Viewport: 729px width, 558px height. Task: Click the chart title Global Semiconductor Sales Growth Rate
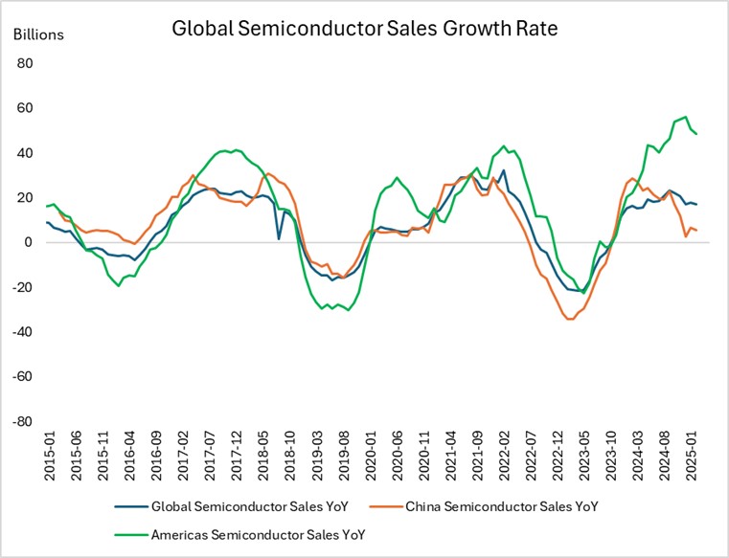pyautogui.click(x=364, y=28)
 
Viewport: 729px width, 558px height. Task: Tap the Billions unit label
pyautogui.click(x=38, y=34)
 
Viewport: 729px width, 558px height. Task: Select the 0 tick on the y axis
pyautogui.click(x=29, y=242)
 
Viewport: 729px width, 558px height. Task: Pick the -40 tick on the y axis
pyautogui.click(x=22, y=332)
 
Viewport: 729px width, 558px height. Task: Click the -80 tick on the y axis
pyautogui.click(x=22, y=421)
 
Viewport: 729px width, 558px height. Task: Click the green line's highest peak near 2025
pyautogui.click(x=684, y=117)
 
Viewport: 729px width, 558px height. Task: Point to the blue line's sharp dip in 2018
pyautogui.click(x=279, y=238)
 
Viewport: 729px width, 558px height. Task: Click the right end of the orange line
pyautogui.click(x=696, y=231)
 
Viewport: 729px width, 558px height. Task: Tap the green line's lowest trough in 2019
pyautogui.click(x=348, y=310)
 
